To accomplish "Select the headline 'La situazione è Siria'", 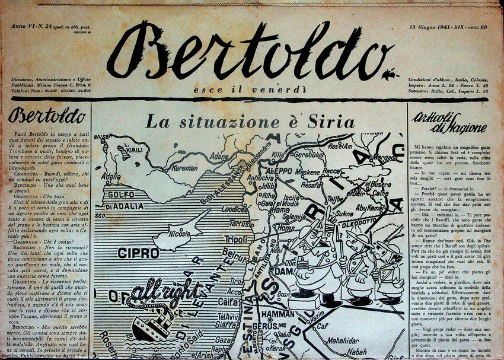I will [x=250, y=122].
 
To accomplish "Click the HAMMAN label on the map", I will [x=277, y=314].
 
